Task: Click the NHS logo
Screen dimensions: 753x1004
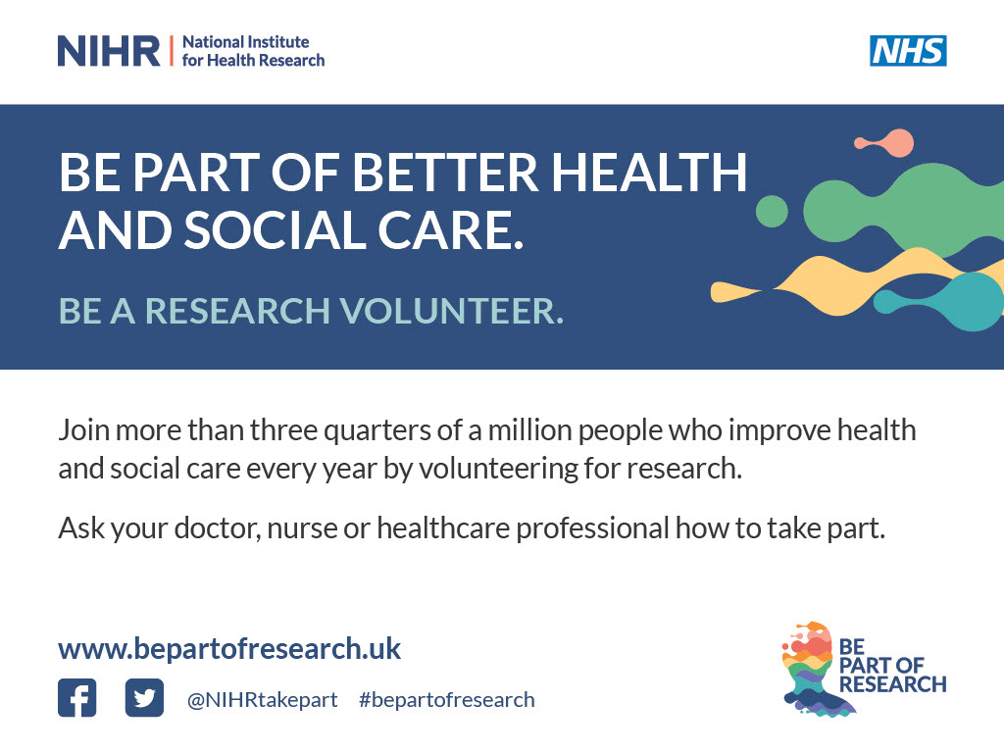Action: pos(908,51)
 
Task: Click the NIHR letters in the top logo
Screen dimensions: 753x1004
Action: pos(108,51)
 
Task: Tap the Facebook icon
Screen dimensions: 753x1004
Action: pos(77,698)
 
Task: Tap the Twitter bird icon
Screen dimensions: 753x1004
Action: pos(144,698)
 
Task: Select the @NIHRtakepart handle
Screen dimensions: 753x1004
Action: pos(262,700)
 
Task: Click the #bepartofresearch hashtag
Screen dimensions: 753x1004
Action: pos(447,700)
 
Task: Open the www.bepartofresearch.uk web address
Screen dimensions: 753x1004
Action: pos(229,649)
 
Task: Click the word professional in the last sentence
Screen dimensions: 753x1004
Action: pos(592,528)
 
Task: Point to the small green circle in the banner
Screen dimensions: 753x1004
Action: pos(772,211)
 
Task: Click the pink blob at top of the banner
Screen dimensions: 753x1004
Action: pos(893,142)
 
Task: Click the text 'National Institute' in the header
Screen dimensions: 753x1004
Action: pos(246,42)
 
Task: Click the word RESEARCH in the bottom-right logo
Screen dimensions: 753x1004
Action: pos(892,684)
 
